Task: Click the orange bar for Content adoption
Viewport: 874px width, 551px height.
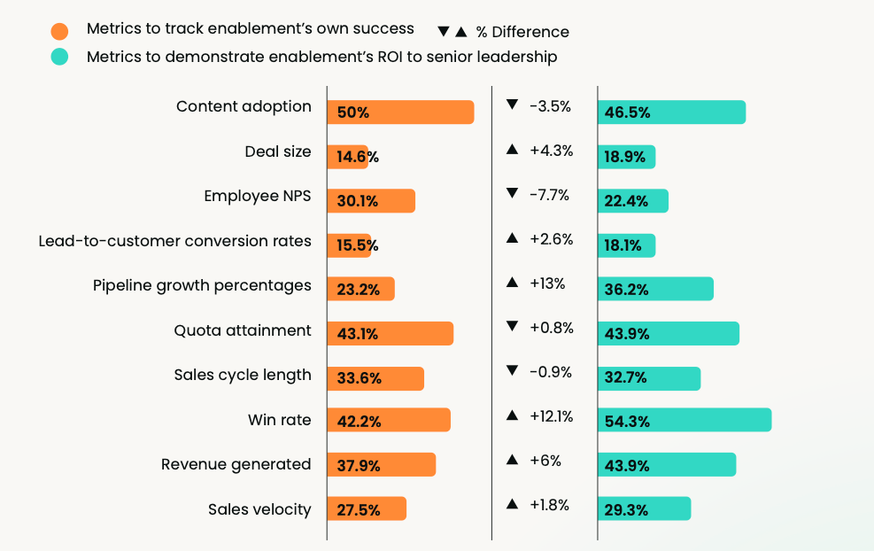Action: [400, 113]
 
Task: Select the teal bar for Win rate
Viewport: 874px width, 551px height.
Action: [685, 420]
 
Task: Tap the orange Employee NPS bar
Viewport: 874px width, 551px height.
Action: [371, 201]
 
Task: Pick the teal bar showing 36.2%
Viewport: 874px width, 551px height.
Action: [655, 289]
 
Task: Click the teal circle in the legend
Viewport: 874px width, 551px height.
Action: [59, 58]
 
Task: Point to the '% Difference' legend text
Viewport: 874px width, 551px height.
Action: [522, 32]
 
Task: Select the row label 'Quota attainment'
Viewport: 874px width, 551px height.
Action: [243, 330]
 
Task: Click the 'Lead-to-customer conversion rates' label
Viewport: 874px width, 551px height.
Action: [174, 241]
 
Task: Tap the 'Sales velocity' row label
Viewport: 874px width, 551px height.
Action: [259, 508]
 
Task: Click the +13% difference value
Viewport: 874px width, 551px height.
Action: [547, 283]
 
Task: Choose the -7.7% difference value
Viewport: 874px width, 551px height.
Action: [549, 195]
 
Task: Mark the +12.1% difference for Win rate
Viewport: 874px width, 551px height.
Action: [551, 416]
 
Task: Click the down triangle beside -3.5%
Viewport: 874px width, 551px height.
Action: [512, 105]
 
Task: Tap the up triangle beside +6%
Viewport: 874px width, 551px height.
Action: [512, 461]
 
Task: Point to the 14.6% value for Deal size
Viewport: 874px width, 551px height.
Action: [358, 157]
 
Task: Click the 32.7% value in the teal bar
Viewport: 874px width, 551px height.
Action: [626, 378]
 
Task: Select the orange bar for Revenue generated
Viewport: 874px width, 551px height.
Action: [382, 465]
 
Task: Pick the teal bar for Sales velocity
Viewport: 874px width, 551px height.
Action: [644, 509]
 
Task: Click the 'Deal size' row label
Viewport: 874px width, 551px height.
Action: [278, 151]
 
